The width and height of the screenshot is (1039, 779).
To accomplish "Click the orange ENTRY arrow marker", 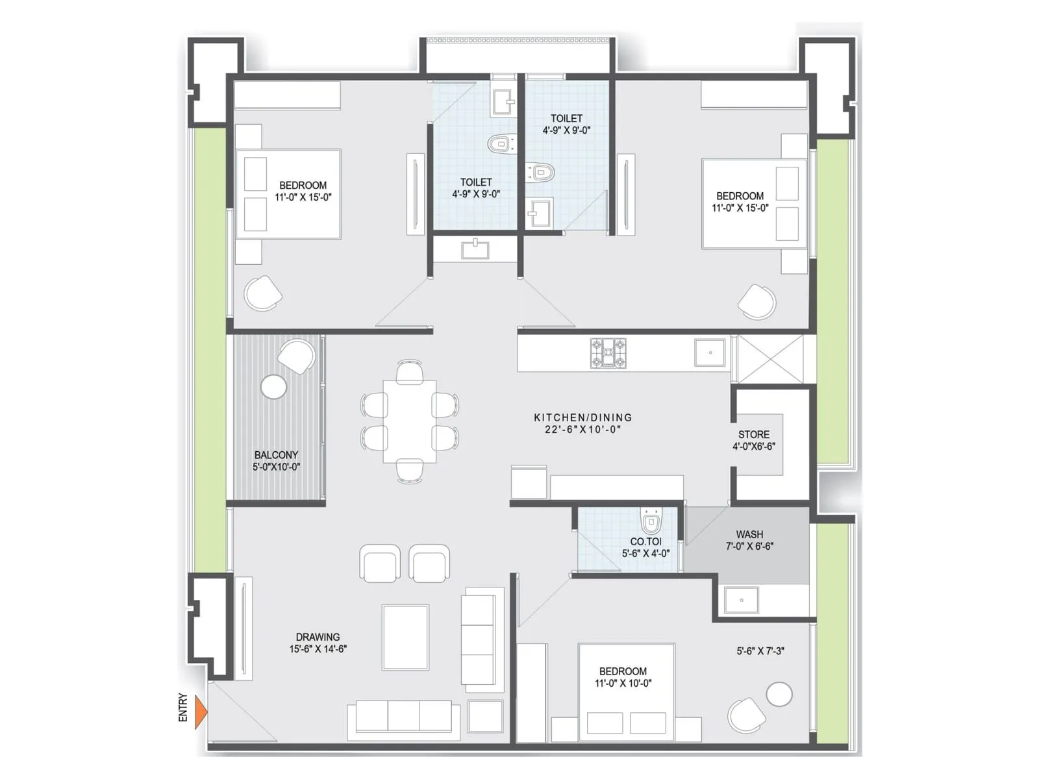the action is pyautogui.click(x=201, y=711).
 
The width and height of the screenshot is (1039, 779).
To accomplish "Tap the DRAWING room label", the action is pyautogui.click(x=318, y=637).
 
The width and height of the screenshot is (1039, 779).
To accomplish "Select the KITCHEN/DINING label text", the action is pyautogui.click(x=582, y=417).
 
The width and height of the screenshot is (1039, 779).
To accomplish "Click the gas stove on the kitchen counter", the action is pyautogui.click(x=608, y=353).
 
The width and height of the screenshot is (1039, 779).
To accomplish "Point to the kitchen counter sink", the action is pyautogui.click(x=710, y=353).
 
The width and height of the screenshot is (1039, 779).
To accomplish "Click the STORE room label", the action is pyautogui.click(x=753, y=434).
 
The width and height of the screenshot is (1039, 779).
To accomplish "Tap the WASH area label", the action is pyautogui.click(x=749, y=534).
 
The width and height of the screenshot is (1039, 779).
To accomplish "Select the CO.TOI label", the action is pyautogui.click(x=645, y=541).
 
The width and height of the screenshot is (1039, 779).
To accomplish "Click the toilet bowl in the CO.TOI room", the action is pyautogui.click(x=651, y=521).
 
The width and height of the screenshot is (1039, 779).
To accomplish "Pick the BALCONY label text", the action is pyautogui.click(x=276, y=455).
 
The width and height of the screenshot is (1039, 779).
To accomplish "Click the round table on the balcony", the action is pyautogui.click(x=273, y=387).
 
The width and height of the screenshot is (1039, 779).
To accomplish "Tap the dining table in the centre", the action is pyautogui.click(x=410, y=421).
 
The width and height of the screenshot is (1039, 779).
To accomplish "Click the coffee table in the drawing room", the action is pyautogui.click(x=405, y=637).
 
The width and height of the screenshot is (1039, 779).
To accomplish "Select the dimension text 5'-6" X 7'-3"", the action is pyautogui.click(x=760, y=650).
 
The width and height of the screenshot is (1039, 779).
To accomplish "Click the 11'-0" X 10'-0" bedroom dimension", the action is pyautogui.click(x=623, y=683).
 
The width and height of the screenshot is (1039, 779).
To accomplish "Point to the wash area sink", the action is pyautogui.click(x=741, y=600).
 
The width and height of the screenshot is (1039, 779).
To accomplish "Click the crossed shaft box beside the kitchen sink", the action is pyautogui.click(x=770, y=358).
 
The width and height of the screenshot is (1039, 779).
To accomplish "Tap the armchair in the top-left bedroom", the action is pyautogui.click(x=263, y=293).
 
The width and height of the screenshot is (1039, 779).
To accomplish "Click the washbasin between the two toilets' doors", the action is pyautogui.click(x=475, y=249).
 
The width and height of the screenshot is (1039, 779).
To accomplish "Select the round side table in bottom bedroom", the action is pyautogui.click(x=779, y=694).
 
